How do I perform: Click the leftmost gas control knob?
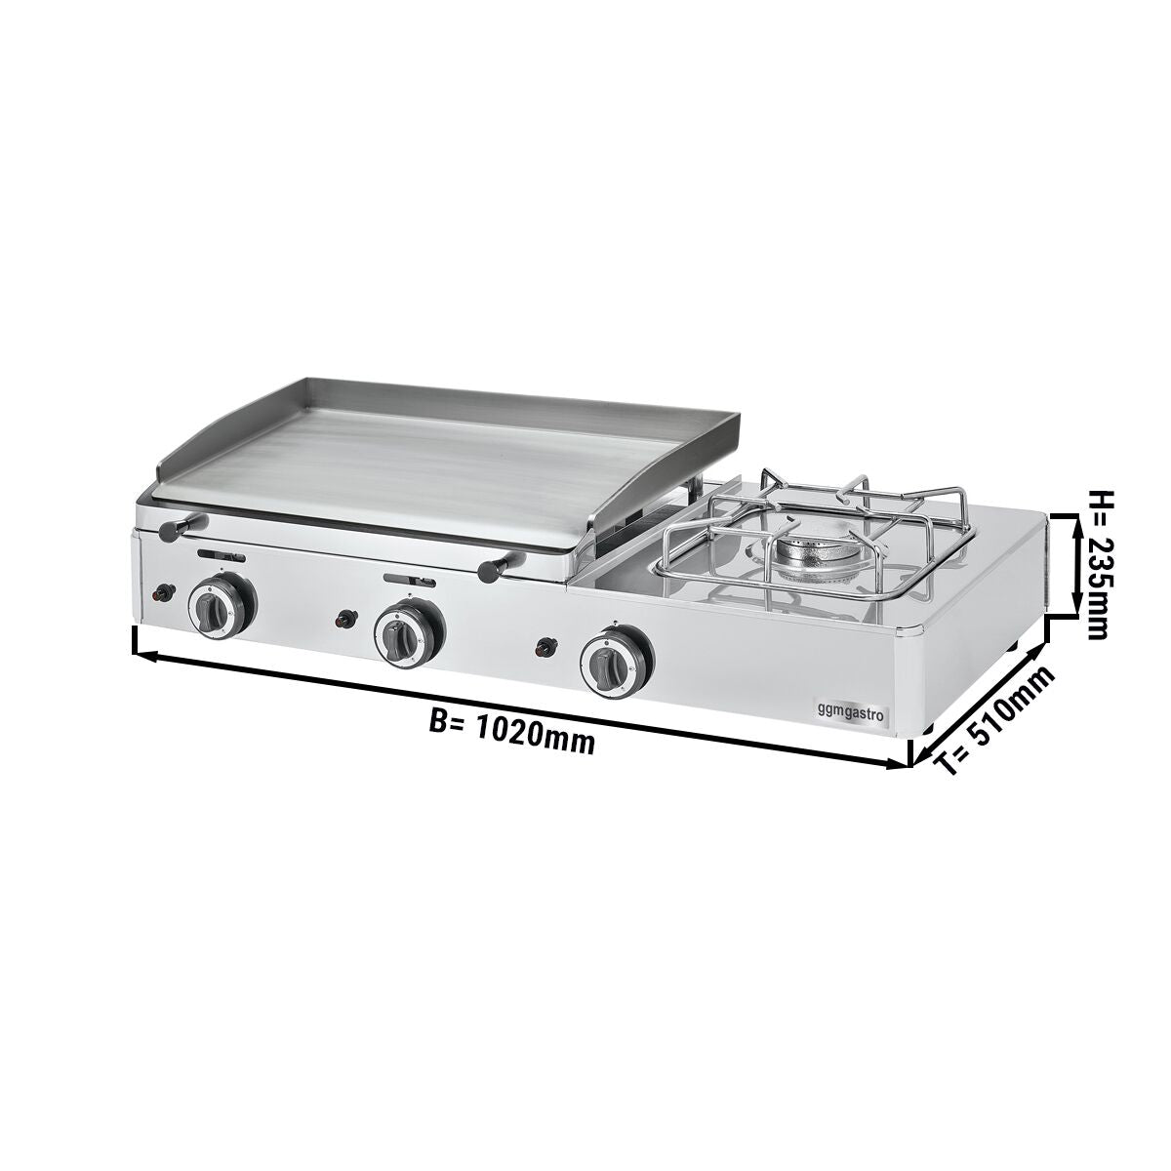coord(222,608)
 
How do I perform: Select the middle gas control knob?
coord(409,633)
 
